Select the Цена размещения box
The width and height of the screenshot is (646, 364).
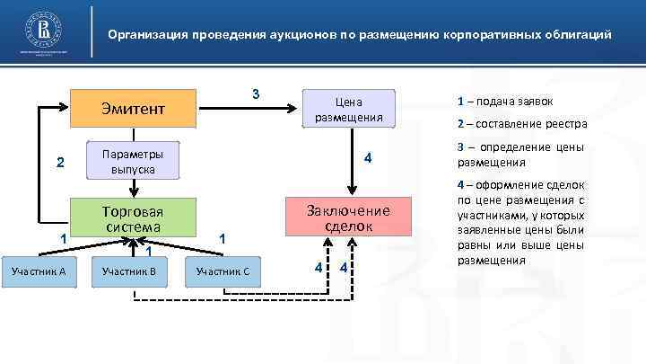click(348, 108)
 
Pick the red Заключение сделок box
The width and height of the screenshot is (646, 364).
click(348, 218)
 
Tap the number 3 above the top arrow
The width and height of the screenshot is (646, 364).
click(256, 94)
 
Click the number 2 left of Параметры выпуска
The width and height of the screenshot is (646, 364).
click(60, 163)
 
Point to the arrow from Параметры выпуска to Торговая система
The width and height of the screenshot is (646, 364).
click(133, 187)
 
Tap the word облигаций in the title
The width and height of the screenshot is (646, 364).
click(579, 36)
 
